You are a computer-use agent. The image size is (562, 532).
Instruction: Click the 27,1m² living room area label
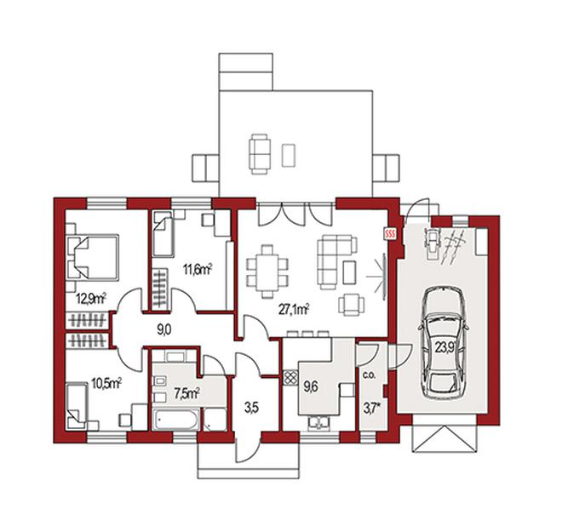click(294, 309)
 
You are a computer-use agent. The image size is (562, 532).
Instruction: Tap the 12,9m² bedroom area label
click(91, 298)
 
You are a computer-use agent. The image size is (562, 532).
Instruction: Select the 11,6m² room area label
click(198, 269)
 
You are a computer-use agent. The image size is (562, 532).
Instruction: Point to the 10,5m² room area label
click(106, 384)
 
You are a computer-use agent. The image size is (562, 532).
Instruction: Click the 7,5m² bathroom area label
click(186, 394)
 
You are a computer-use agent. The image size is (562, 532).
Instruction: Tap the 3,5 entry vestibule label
click(251, 408)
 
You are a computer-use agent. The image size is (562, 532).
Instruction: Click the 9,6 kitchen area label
click(311, 387)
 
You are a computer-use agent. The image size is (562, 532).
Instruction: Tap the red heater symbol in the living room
click(390, 234)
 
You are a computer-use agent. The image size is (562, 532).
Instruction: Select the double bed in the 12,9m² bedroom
click(93, 257)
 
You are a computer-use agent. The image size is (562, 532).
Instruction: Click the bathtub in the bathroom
click(175, 419)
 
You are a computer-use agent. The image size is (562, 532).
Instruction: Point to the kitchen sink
click(318, 423)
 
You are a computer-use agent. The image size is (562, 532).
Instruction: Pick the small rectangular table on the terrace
click(289, 155)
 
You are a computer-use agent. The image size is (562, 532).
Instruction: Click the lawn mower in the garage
click(433, 243)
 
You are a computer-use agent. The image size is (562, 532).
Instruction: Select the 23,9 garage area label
click(445, 346)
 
